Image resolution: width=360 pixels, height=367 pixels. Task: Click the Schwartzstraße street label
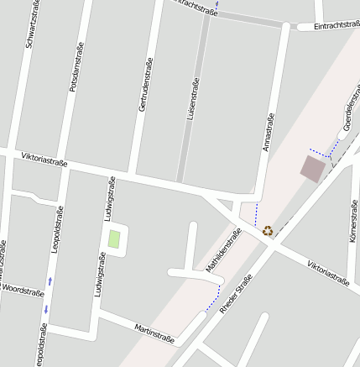click(31, 23)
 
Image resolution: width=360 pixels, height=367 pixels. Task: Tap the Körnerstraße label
click(352, 221)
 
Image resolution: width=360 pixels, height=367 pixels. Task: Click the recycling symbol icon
click(268, 229)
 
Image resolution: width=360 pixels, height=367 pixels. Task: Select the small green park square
click(113, 238)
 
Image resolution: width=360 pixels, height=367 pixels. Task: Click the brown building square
click(313, 169)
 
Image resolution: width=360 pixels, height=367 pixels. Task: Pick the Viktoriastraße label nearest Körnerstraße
click(327, 273)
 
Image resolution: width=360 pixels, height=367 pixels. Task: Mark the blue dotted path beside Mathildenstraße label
click(214, 298)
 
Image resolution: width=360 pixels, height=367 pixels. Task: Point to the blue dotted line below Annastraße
click(257, 214)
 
